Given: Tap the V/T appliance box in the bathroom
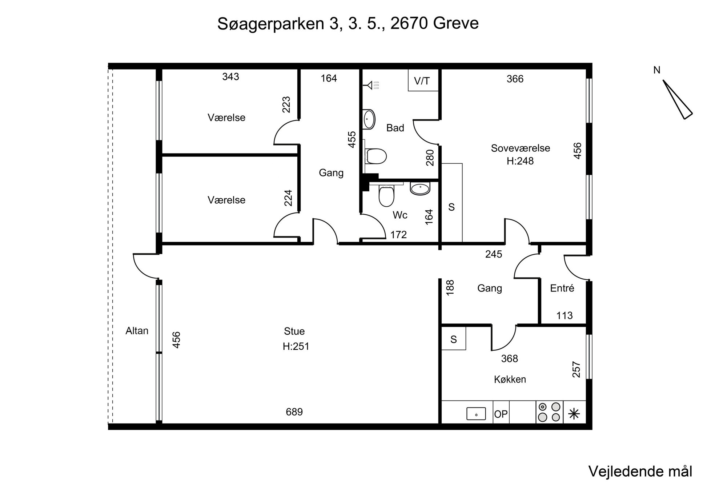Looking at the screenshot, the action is pos(423,80).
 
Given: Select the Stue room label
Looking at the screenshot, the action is pos(294,331).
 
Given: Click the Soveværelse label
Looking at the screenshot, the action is pos(520,148).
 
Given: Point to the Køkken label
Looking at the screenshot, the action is pos(510,379).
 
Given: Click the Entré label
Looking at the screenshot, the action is pos(562,288).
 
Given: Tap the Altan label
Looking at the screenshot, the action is pos(137,331).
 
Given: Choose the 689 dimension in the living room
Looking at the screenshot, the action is pos(294,412).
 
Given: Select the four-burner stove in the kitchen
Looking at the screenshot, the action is pos(549,412).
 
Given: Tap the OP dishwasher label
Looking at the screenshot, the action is pos(501,414).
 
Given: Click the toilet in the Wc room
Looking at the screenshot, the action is pos(386,196).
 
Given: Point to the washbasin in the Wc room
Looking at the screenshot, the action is pos(420,188).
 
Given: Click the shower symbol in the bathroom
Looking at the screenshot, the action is pos(371,86).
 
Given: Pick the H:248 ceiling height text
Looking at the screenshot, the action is pos(520,161).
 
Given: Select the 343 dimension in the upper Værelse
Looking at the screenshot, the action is pos(230,77).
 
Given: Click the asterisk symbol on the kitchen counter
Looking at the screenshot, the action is pos(574,414).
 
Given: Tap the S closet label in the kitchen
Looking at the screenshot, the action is pos(453,339).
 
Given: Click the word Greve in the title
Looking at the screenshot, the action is pos(456,23).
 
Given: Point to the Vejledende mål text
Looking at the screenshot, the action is pos(640,471).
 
